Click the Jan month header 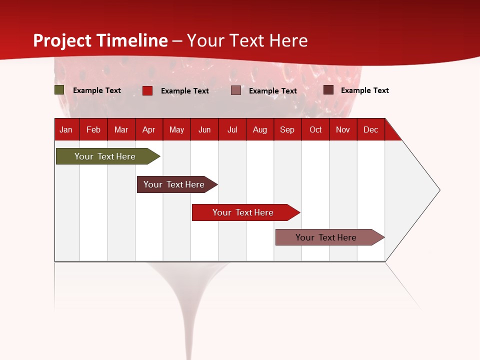tap(66, 129)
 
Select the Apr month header tap(148, 129)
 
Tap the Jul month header tap(232, 129)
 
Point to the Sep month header tap(287, 129)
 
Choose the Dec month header tap(370, 129)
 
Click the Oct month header tap(315, 129)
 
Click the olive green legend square tap(59, 90)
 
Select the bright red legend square tap(147, 90)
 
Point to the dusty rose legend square tap(236, 90)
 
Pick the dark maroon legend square tap(328, 90)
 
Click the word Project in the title tap(63, 40)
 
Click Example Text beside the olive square tap(97, 90)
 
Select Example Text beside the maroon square tap(365, 90)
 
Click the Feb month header tap(93, 129)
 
